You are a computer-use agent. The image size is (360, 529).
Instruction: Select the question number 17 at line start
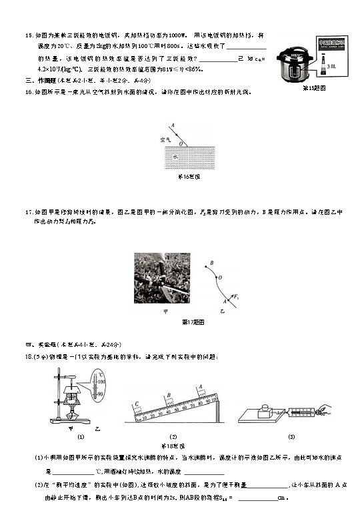click(x=29, y=212)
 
